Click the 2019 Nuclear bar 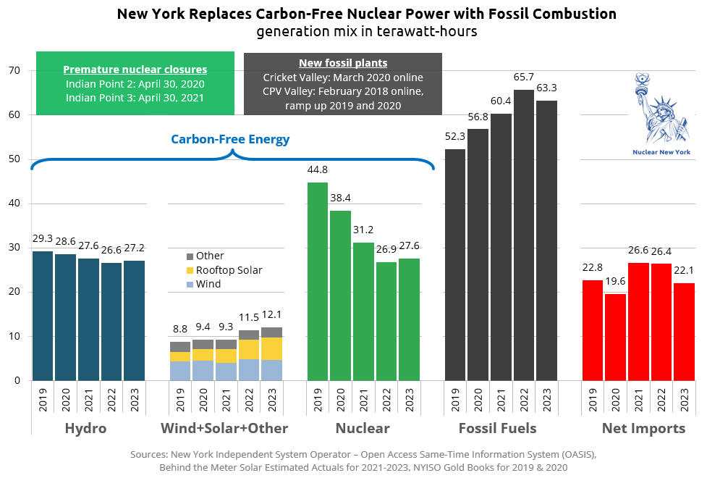318,282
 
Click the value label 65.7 524,77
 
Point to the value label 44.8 318,170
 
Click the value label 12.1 272,316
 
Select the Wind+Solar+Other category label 225,429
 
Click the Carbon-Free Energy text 230,139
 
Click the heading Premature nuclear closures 135,70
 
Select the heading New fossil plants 343,63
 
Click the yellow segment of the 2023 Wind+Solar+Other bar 272,348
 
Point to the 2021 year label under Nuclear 364,399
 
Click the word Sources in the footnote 149,455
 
